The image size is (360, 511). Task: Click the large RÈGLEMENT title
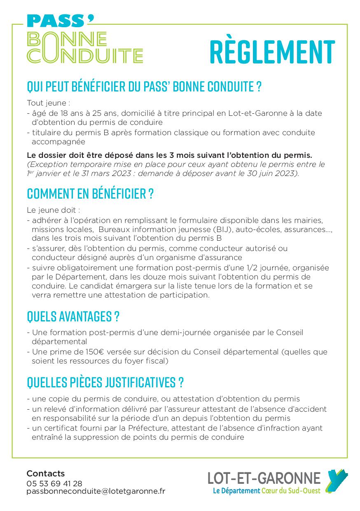click(272, 52)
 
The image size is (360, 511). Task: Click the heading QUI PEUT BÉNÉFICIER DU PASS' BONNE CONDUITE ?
click(144, 87)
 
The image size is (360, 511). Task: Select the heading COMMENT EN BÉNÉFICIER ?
click(90, 193)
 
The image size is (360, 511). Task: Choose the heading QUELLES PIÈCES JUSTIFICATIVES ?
click(105, 382)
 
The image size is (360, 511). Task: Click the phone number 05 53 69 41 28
click(54, 483)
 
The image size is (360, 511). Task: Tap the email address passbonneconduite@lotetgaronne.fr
click(96, 491)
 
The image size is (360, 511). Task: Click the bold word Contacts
click(45, 473)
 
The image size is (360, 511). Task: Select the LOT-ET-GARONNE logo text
click(264, 478)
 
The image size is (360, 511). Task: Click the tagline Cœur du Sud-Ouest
click(291, 491)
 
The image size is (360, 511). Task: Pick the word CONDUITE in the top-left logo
click(85, 55)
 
